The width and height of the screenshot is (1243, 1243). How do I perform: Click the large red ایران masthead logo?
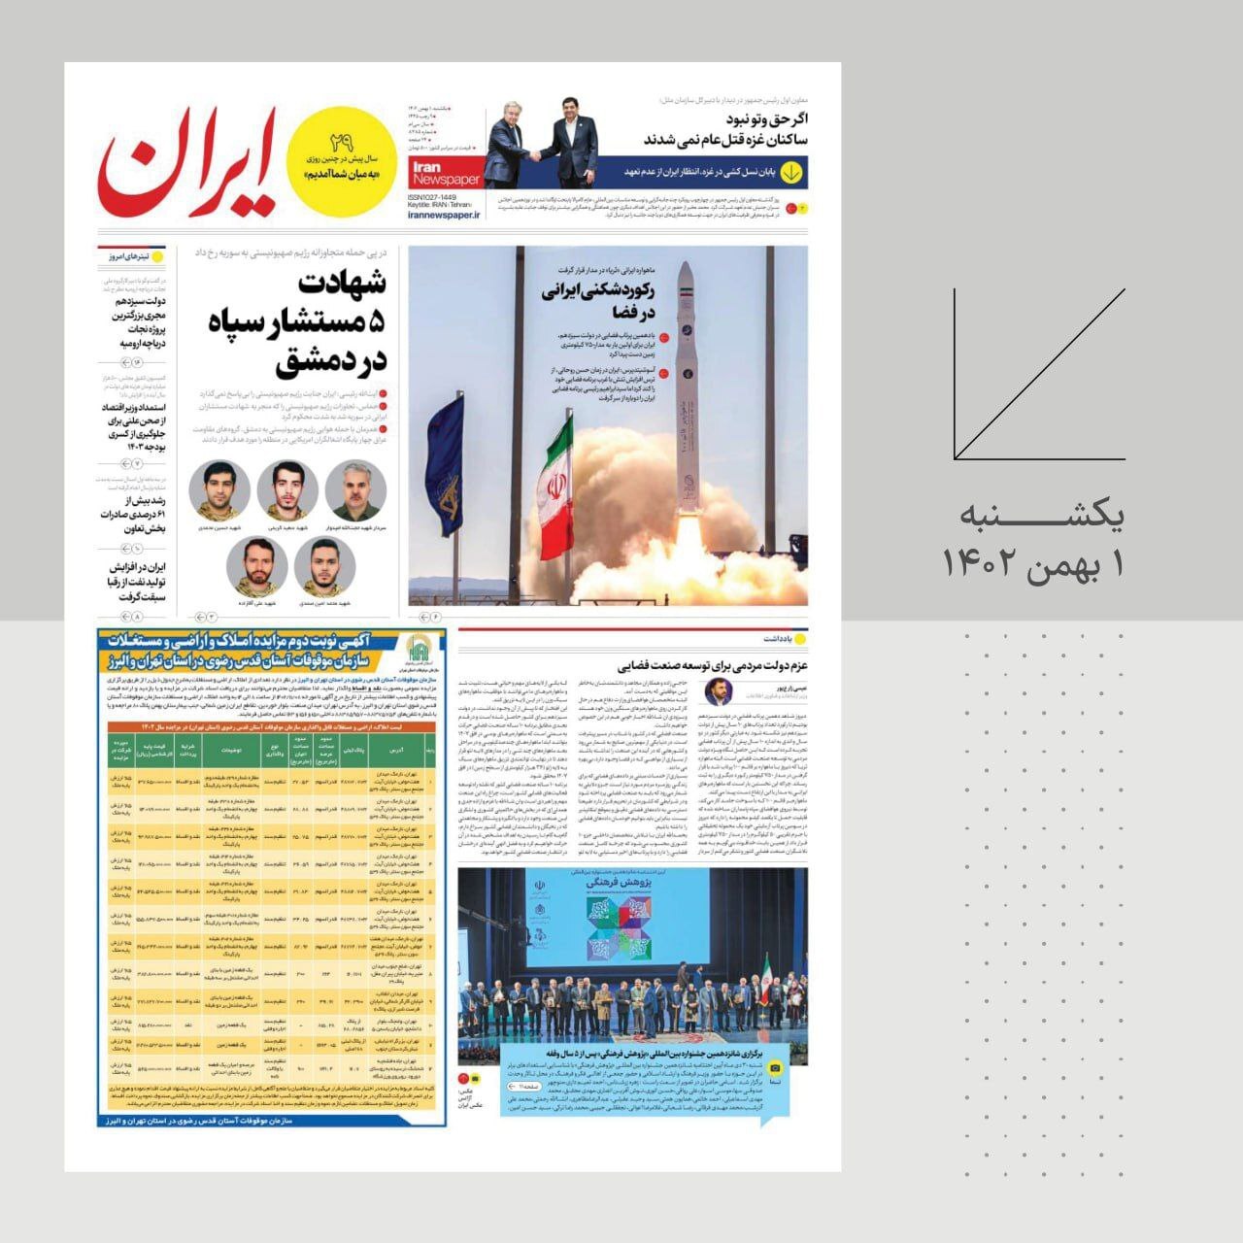tap(189, 163)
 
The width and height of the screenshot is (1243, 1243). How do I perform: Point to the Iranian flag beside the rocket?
tap(555, 486)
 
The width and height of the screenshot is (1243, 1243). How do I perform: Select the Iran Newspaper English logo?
tap(446, 174)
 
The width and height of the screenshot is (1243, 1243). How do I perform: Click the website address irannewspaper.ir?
tap(446, 215)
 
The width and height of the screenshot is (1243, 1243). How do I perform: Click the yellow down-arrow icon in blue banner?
tap(792, 172)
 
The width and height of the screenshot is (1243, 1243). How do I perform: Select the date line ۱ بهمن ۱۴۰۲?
tap(1035, 564)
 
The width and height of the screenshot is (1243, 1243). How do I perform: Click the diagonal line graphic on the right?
tap(1039, 374)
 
